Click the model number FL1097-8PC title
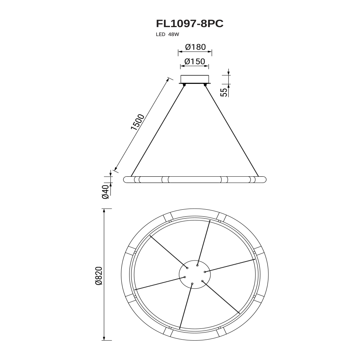click(x=190, y=23)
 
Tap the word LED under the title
click(x=160, y=35)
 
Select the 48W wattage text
click(x=173, y=35)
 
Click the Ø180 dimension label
click(x=195, y=47)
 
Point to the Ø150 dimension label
click(x=195, y=61)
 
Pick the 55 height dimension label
click(x=224, y=92)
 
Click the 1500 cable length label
click(x=138, y=122)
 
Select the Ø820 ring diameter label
click(x=98, y=276)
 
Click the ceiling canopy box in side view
click(x=194, y=79)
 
